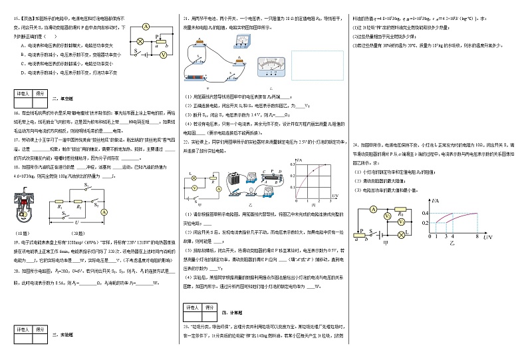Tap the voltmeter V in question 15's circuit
(x=162, y=55)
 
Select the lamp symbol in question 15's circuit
(x=140, y=41)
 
